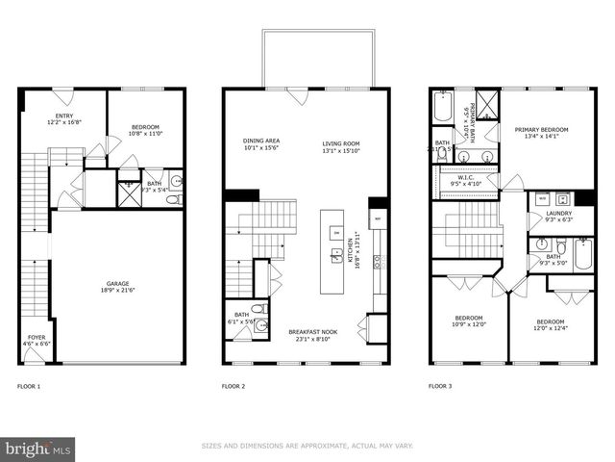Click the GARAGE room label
click(118, 284)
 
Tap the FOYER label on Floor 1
click(36, 338)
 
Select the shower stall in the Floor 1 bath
click(128, 190)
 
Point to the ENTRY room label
click(63, 116)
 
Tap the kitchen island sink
click(336, 255)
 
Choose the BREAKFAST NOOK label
click(309, 332)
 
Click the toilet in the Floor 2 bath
click(260, 327)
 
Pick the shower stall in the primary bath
click(487, 101)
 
